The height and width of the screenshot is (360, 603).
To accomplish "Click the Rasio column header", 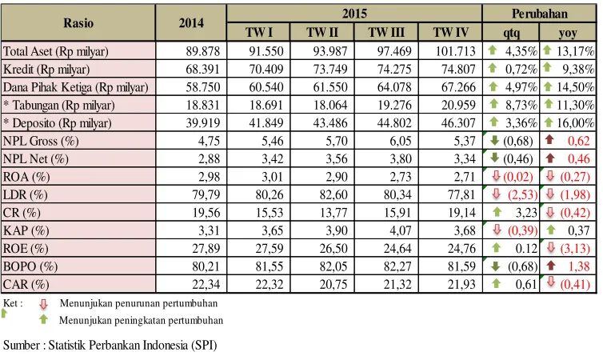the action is (78, 23).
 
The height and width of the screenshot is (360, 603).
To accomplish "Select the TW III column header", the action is (386, 32).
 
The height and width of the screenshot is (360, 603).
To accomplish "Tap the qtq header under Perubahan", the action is (512, 33).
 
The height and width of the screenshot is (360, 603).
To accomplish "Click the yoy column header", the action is (568, 34).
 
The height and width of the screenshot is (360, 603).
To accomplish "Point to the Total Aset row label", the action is (56, 51).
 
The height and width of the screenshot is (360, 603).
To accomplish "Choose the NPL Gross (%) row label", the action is (41, 141).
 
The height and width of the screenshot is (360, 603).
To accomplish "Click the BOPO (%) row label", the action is (30, 266).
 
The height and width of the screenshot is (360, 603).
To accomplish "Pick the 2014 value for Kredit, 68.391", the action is (203, 70).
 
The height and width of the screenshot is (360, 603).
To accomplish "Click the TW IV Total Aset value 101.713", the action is (455, 51).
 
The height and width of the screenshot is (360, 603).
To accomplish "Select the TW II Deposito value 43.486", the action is (330, 123).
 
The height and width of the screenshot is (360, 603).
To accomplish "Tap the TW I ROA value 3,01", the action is (273, 177).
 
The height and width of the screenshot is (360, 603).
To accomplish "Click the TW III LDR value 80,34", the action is (397, 194).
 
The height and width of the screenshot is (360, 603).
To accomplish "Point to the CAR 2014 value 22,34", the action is (206, 285).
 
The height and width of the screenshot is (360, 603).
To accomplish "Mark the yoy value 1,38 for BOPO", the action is (579, 266).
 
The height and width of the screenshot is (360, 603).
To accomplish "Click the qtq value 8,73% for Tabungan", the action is (521, 105).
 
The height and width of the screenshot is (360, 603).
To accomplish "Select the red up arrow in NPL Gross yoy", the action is (549, 139).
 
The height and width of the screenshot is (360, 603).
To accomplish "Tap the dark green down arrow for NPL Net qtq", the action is (495, 157).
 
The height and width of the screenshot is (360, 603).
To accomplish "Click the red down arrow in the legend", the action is (43, 305).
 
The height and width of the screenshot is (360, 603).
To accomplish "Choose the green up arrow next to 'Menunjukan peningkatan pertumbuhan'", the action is (43, 319).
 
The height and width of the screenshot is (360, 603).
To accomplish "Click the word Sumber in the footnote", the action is (22, 345).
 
